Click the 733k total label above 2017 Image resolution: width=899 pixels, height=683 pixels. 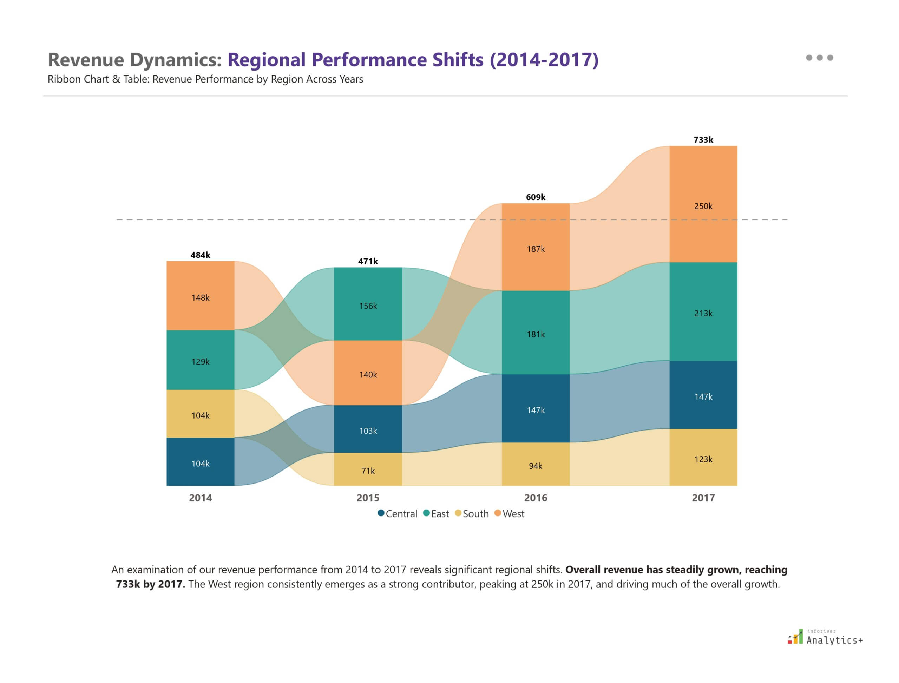click(x=703, y=140)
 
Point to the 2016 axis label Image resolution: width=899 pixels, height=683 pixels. click(x=536, y=498)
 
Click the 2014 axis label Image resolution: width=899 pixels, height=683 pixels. click(x=201, y=498)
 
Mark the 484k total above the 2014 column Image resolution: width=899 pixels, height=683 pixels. click(x=201, y=255)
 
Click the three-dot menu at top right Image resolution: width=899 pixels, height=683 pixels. click(x=819, y=58)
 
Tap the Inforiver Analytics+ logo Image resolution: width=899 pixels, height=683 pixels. click(x=825, y=637)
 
